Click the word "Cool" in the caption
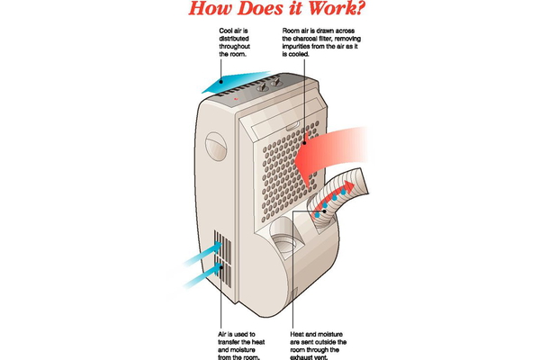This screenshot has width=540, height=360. [227, 31]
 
